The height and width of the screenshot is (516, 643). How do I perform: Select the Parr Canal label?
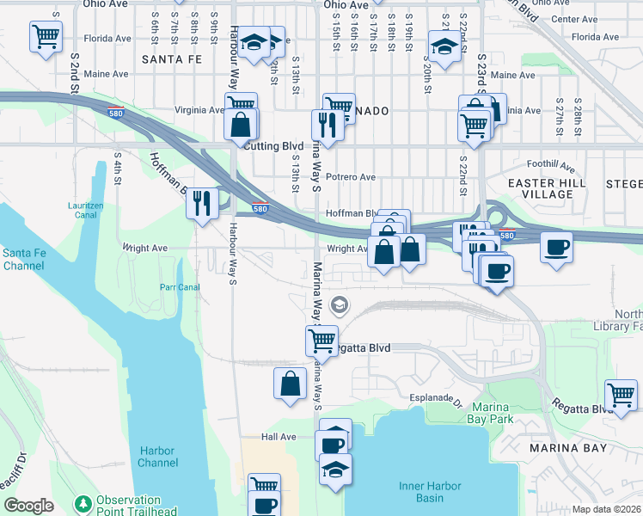pyautogui.click(x=180, y=287)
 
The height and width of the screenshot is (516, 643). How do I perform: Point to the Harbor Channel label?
pyautogui.click(x=156, y=457)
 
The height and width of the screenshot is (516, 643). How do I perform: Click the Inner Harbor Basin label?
pyautogui.click(x=421, y=492)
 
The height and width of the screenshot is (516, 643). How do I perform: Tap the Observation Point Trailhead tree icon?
pyautogui.click(x=83, y=502)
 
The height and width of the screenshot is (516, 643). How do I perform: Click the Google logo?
pyautogui.click(x=28, y=506)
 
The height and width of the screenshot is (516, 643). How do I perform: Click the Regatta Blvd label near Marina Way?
pyautogui.click(x=364, y=347)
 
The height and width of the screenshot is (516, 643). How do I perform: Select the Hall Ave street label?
pyautogui.click(x=279, y=437)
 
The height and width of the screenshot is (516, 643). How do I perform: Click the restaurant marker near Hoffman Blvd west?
pyautogui.click(x=202, y=204)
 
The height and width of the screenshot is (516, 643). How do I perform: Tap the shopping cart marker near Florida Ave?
pyautogui.click(x=46, y=38)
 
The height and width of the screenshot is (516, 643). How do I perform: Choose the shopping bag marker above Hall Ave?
pyautogui.click(x=291, y=384)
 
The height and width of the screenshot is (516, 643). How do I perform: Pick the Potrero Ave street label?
pyautogui.click(x=351, y=177)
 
